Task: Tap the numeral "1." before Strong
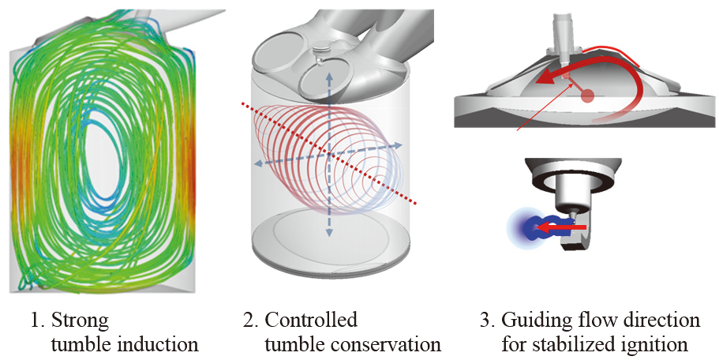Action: (37, 321)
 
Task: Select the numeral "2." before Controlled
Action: (250, 321)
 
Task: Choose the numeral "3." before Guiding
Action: (488, 321)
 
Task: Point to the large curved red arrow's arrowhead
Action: (539, 79)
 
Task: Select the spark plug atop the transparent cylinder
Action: (319, 54)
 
